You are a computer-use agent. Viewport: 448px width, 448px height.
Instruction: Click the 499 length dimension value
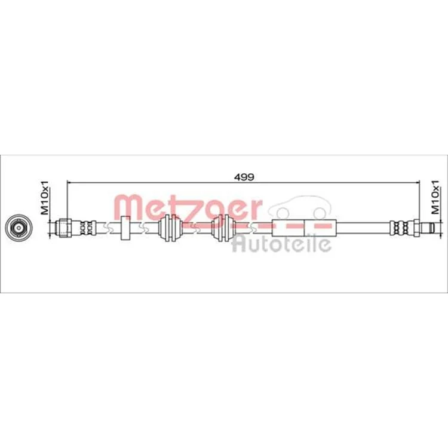pyautogui.click(x=244, y=177)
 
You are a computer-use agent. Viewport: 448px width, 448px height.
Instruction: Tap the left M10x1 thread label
pyautogui.click(x=45, y=198)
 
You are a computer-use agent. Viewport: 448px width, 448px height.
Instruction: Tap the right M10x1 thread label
pyautogui.click(x=435, y=198)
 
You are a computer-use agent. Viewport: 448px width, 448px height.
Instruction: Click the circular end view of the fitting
pyautogui.click(x=19, y=228)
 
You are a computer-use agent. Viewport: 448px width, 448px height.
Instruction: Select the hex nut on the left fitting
pyautogui.click(x=65, y=228)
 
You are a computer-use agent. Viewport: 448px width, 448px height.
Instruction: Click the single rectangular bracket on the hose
pyautogui.click(x=125, y=228)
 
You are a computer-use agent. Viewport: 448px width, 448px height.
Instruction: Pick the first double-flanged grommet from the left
pyautogui.click(x=170, y=228)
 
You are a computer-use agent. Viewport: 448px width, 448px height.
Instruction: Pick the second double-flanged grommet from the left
pyautogui.click(x=223, y=228)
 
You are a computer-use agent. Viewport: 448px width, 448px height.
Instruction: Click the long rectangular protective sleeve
pyautogui.click(x=304, y=228)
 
